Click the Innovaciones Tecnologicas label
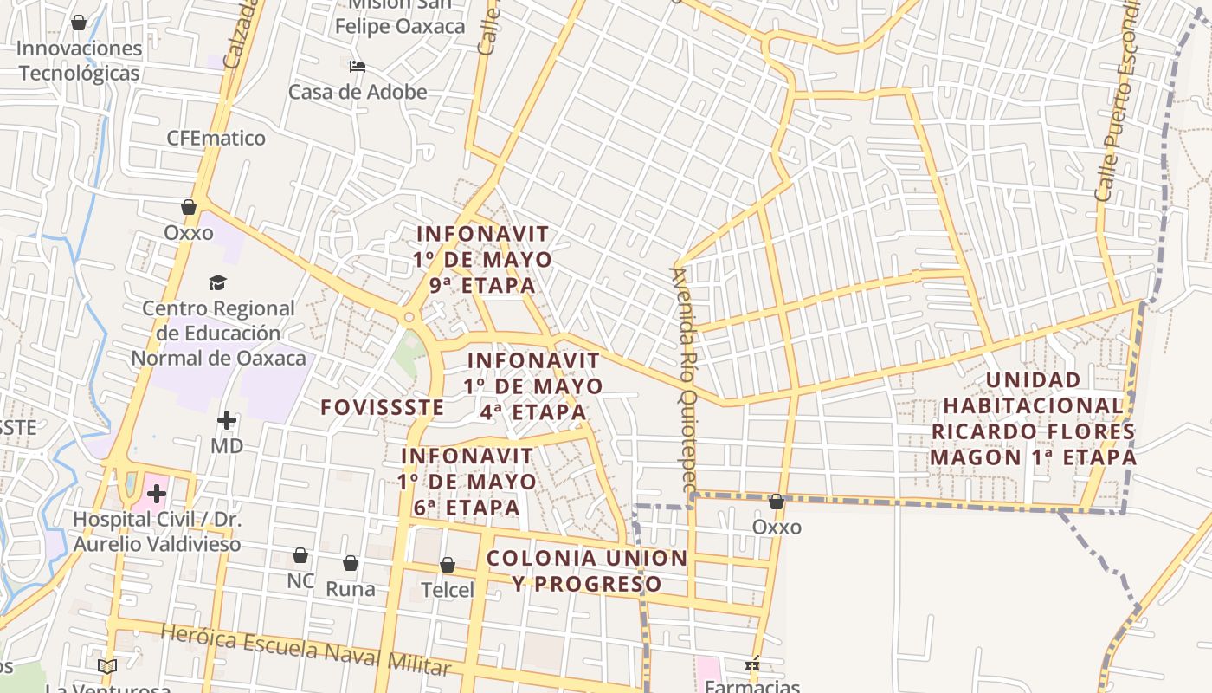click(x=79, y=61)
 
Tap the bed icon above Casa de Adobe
click(x=358, y=67)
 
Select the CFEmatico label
click(x=216, y=138)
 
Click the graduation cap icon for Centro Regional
click(x=217, y=283)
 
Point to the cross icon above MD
click(x=227, y=421)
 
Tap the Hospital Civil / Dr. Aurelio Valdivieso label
click(x=157, y=532)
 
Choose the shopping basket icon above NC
click(x=300, y=555)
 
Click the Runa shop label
click(x=351, y=589)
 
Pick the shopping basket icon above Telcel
click(x=448, y=566)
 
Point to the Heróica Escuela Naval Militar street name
click(x=306, y=651)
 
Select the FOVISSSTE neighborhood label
click(x=382, y=407)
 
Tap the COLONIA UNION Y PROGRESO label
click(x=587, y=571)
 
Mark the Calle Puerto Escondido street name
click(x=1118, y=100)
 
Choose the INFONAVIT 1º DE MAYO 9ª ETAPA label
click(x=483, y=259)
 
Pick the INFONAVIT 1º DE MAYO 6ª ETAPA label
click(x=467, y=482)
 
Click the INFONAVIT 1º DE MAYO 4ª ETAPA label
click(x=533, y=385)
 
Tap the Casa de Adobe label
click(x=358, y=92)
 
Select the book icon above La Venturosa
click(x=107, y=666)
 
